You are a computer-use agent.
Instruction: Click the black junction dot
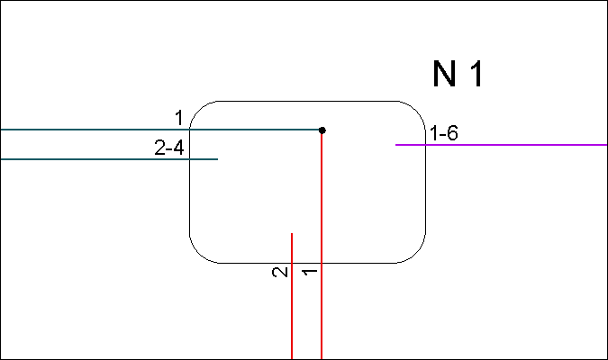[x=322, y=130]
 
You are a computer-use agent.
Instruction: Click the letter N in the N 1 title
[x=444, y=74]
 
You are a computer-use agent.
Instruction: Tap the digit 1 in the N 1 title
[x=476, y=74]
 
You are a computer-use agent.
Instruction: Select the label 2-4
[x=169, y=148]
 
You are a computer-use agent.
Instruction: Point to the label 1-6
[x=444, y=133]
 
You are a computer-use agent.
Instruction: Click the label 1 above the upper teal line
[x=179, y=118]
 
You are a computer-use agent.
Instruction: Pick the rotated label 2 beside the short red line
[x=280, y=272]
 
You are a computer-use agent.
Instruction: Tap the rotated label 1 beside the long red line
[x=310, y=272]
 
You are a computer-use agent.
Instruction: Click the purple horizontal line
[x=502, y=145]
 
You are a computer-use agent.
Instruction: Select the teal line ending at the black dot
[x=161, y=130]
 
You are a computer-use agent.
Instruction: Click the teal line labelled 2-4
[x=109, y=159]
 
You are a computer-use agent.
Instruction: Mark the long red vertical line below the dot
[x=322, y=245]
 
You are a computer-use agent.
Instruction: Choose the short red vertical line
[x=292, y=296]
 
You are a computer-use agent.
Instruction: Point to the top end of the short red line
[x=292, y=233]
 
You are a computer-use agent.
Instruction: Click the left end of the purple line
[x=396, y=145]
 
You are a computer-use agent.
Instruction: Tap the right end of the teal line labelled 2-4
[x=218, y=159]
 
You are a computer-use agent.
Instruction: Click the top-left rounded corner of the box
[x=198, y=109]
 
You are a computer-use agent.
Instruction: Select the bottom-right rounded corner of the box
[x=418, y=255]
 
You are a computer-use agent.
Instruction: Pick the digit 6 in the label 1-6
[x=452, y=133]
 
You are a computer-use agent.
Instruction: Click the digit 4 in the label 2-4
[x=178, y=148]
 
